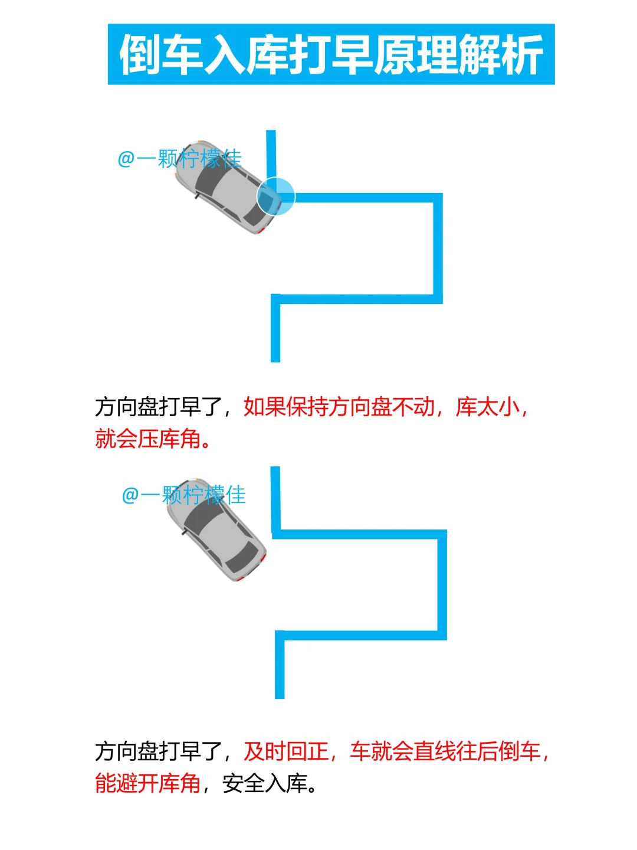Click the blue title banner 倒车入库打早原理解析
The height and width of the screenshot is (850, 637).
pyautogui.click(x=331, y=54)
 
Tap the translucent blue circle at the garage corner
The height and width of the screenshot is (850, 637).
pyautogui.click(x=275, y=196)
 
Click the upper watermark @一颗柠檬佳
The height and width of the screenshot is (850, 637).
pyautogui.click(x=179, y=158)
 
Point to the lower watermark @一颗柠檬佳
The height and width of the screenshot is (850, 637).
pyautogui.click(x=183, y=495)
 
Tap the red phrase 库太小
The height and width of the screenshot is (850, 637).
pyautogui.click(x=487, y=407)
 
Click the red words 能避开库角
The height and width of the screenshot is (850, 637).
pyautogui.click(x=147, y=783)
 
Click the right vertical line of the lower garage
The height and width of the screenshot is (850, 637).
pyautogui.click(x=442, y=584)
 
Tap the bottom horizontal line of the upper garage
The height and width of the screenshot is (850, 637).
pyautogui.click(x=357, y=299)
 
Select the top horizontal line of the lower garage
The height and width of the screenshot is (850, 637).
pyautogui.click(x=359, y=535)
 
